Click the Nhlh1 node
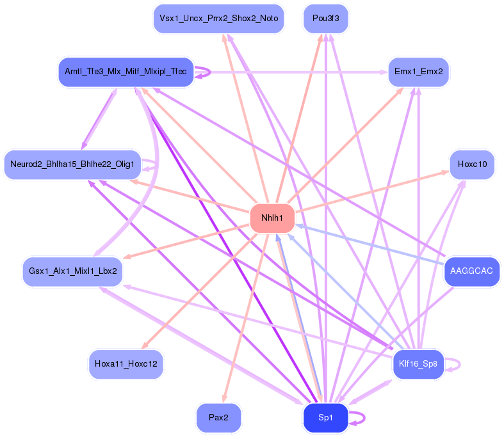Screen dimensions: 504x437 tap(272, 218)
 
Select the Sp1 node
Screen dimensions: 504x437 tap(325, 418)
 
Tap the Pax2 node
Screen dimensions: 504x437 tap(218, 418)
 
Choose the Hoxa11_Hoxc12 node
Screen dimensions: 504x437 tap(126, 364)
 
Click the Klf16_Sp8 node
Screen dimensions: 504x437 tap(418, 364)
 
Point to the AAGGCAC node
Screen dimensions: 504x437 tap(471, 271)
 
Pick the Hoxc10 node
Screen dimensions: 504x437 tap(472, 164)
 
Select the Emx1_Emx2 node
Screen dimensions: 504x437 tap(418, 72)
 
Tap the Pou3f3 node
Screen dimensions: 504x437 tap(325, 19)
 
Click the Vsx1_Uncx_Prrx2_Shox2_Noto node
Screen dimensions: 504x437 tap(218, 19)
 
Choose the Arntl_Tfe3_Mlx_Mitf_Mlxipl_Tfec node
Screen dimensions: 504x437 tap(126, 72)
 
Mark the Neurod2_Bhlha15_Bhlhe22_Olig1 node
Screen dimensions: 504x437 tap(72, 164)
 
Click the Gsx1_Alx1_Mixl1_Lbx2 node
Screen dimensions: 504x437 tap(72, 271)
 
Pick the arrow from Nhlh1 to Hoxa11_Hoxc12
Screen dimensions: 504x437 tap(199, 291)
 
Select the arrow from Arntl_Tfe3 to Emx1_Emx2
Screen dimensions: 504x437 tap(291, 72)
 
